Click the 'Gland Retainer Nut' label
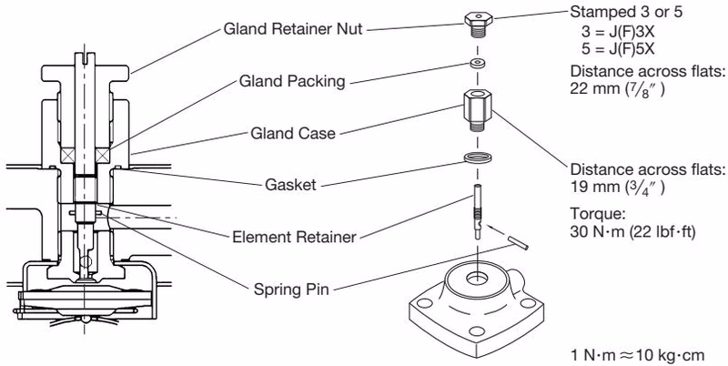click(x=292, y=29)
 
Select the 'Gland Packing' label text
click(x=292, y=81)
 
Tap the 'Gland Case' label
click(x=292, y=133)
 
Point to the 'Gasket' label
click(x=290, y=185)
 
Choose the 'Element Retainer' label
click(x=294, y=237)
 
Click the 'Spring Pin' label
click(x=291, y=290)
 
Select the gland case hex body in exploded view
click(x=478, y=110)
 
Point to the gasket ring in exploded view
click(x=478, y=158)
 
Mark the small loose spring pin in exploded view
click(x=517, y=242)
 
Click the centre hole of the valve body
click(x=477, y=279)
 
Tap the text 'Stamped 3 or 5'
click(x=626, y=12)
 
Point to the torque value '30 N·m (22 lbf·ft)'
click(x=632, y=232)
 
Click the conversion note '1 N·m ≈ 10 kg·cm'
click(x=637, y=355)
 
